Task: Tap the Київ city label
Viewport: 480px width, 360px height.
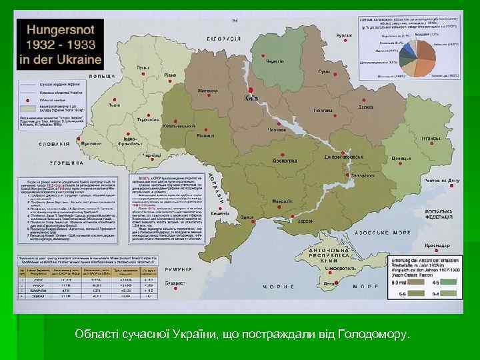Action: [x=251, y=98]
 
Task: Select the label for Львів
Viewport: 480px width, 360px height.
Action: [x=115, y=105]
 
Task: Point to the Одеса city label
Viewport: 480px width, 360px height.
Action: [x=247, y=217]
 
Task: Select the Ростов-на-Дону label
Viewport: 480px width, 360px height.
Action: [x=442, y=181]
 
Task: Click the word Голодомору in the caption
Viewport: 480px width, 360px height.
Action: [x=372, y=333]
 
